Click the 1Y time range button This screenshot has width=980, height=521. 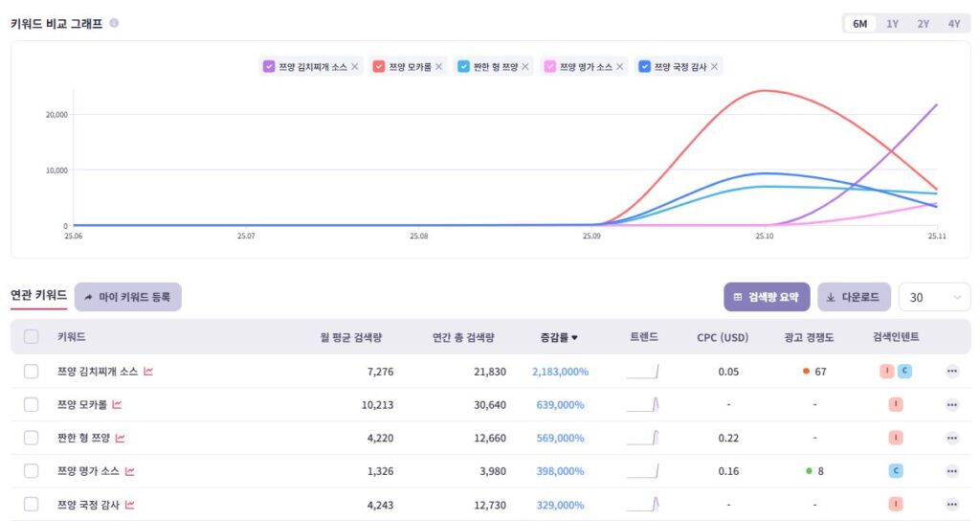(x=892, y=24)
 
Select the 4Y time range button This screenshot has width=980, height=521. (x=954, y=24)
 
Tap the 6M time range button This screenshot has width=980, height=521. (x=859, y=24)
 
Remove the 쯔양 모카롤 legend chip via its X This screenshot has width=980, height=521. (x=439, y=67)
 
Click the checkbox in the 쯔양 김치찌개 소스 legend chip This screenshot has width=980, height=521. (x=269, y=67)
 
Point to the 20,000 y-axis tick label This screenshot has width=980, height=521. (x=56, y=115)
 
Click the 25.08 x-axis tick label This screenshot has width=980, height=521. (x=418, y=236)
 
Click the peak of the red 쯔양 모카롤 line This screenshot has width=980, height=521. (x=764, y=91)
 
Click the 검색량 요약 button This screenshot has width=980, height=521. (x=767, y=297)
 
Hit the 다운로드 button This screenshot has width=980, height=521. (x=855, y=297)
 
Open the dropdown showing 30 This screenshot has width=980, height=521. (x=934, y=298)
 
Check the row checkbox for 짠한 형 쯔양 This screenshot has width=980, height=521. (x=32, y=438)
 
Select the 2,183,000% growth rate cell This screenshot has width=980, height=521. (x=560, y=372)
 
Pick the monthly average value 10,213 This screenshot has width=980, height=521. (x=377, y=405)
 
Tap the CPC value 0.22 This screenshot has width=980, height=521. (x=728, y=438)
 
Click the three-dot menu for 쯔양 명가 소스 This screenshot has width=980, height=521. (x=951, y=471)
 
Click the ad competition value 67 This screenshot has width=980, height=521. (x=819, y=372)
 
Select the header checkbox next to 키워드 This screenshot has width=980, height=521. (x=32, y=337)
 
